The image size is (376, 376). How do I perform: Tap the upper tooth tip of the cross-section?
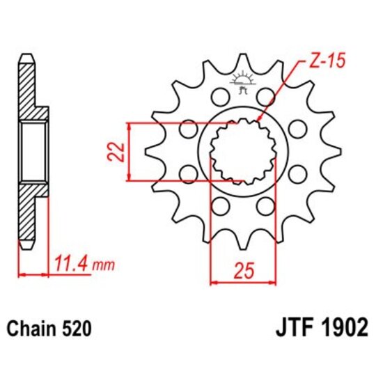(x=26, y=58)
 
